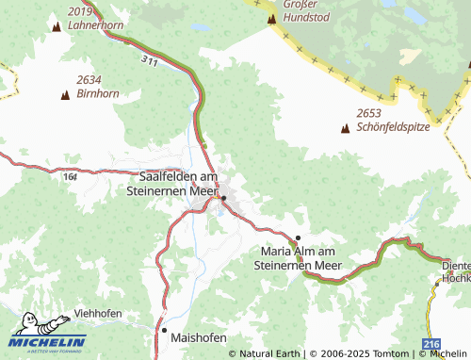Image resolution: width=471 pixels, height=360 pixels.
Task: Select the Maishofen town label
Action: coord(199,335)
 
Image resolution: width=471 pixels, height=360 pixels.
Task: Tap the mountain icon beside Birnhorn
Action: coord(65,95)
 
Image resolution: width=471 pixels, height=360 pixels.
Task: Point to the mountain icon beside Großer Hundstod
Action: coord(271,18)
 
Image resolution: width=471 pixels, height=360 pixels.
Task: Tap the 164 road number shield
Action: coord(72,174)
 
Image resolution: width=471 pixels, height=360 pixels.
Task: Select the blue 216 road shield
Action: coord(431,345)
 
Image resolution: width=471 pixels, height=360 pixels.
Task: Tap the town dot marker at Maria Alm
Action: coord(299,237)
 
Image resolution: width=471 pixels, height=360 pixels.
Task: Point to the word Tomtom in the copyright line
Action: coord(391,353)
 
